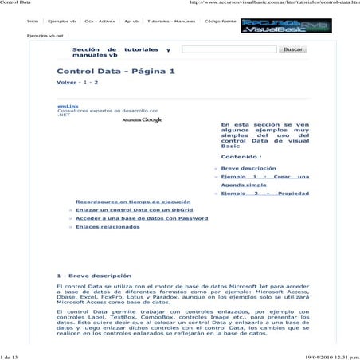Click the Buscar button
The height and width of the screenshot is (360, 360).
point(294,49)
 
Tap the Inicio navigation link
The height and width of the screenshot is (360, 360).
point(33,21)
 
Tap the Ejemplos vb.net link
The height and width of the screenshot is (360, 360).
point(45,36)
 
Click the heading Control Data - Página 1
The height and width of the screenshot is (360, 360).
point(115,72)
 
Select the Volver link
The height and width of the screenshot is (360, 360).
point(66,83)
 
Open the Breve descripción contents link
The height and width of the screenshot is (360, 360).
point(248,169)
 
